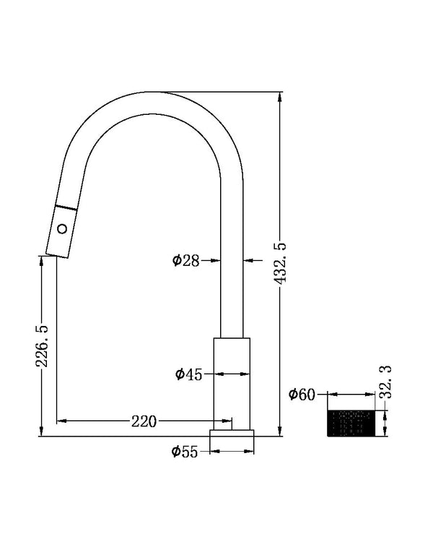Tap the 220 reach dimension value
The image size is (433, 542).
coord(144,421)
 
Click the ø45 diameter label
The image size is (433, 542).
coord(188,374)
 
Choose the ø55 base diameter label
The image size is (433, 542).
coord(185,452)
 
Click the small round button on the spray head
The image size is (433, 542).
coord(63,229)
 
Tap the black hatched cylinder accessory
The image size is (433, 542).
coord(352,423)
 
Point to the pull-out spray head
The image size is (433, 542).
coord(61,230)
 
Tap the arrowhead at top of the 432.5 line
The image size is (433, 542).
coord(280,97)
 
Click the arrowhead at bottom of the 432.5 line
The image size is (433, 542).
coord(280,431)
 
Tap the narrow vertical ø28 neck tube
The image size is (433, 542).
coord(232,289)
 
